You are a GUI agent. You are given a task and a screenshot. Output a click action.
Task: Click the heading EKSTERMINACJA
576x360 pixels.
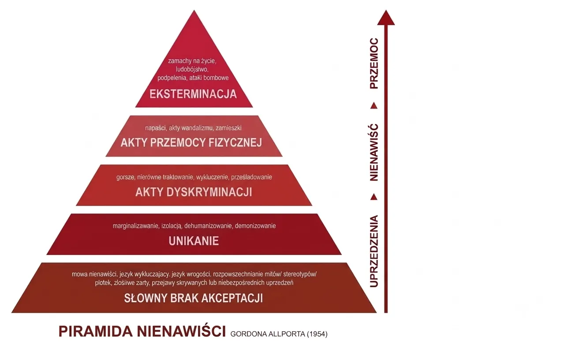pos(193,94)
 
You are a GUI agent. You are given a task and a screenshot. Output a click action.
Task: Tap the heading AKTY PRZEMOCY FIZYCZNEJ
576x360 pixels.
pos(191,142)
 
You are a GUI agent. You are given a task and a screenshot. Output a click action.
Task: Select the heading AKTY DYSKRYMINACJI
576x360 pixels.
pos(194,192)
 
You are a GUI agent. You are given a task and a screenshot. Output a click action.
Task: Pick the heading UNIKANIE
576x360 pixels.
pos(194,241)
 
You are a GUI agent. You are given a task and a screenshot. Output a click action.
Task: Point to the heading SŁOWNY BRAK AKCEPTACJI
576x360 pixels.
pos(193,298)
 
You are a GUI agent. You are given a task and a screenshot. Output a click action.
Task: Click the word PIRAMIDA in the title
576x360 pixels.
pos(96,331)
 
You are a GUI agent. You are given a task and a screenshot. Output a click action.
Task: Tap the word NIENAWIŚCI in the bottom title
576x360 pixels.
pos(181,331)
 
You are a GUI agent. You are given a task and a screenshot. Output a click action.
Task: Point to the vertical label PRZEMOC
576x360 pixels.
pos(374,64)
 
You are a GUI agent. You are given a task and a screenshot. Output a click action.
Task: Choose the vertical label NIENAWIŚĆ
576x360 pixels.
pos(374,153)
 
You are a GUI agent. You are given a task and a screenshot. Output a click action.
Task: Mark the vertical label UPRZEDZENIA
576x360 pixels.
pos(374,251)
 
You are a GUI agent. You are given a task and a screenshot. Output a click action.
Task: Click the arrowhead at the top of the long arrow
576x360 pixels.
pos(386,18)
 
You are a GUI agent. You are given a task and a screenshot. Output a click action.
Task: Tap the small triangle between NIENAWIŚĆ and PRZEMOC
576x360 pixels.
pos(374,106)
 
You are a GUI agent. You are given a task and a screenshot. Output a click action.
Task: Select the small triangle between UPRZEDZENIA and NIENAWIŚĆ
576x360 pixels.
pos(374,197)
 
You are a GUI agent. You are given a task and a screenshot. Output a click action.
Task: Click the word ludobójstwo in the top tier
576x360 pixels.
pos(192,69)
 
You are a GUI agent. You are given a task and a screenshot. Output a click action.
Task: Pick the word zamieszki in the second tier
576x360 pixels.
pos(228,128)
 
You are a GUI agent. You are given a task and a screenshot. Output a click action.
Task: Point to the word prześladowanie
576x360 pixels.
pos(251,177)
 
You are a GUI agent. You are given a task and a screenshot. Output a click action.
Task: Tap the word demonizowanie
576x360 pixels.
pos(255,226)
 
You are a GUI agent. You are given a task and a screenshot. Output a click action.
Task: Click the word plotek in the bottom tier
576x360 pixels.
pos(103,283)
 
